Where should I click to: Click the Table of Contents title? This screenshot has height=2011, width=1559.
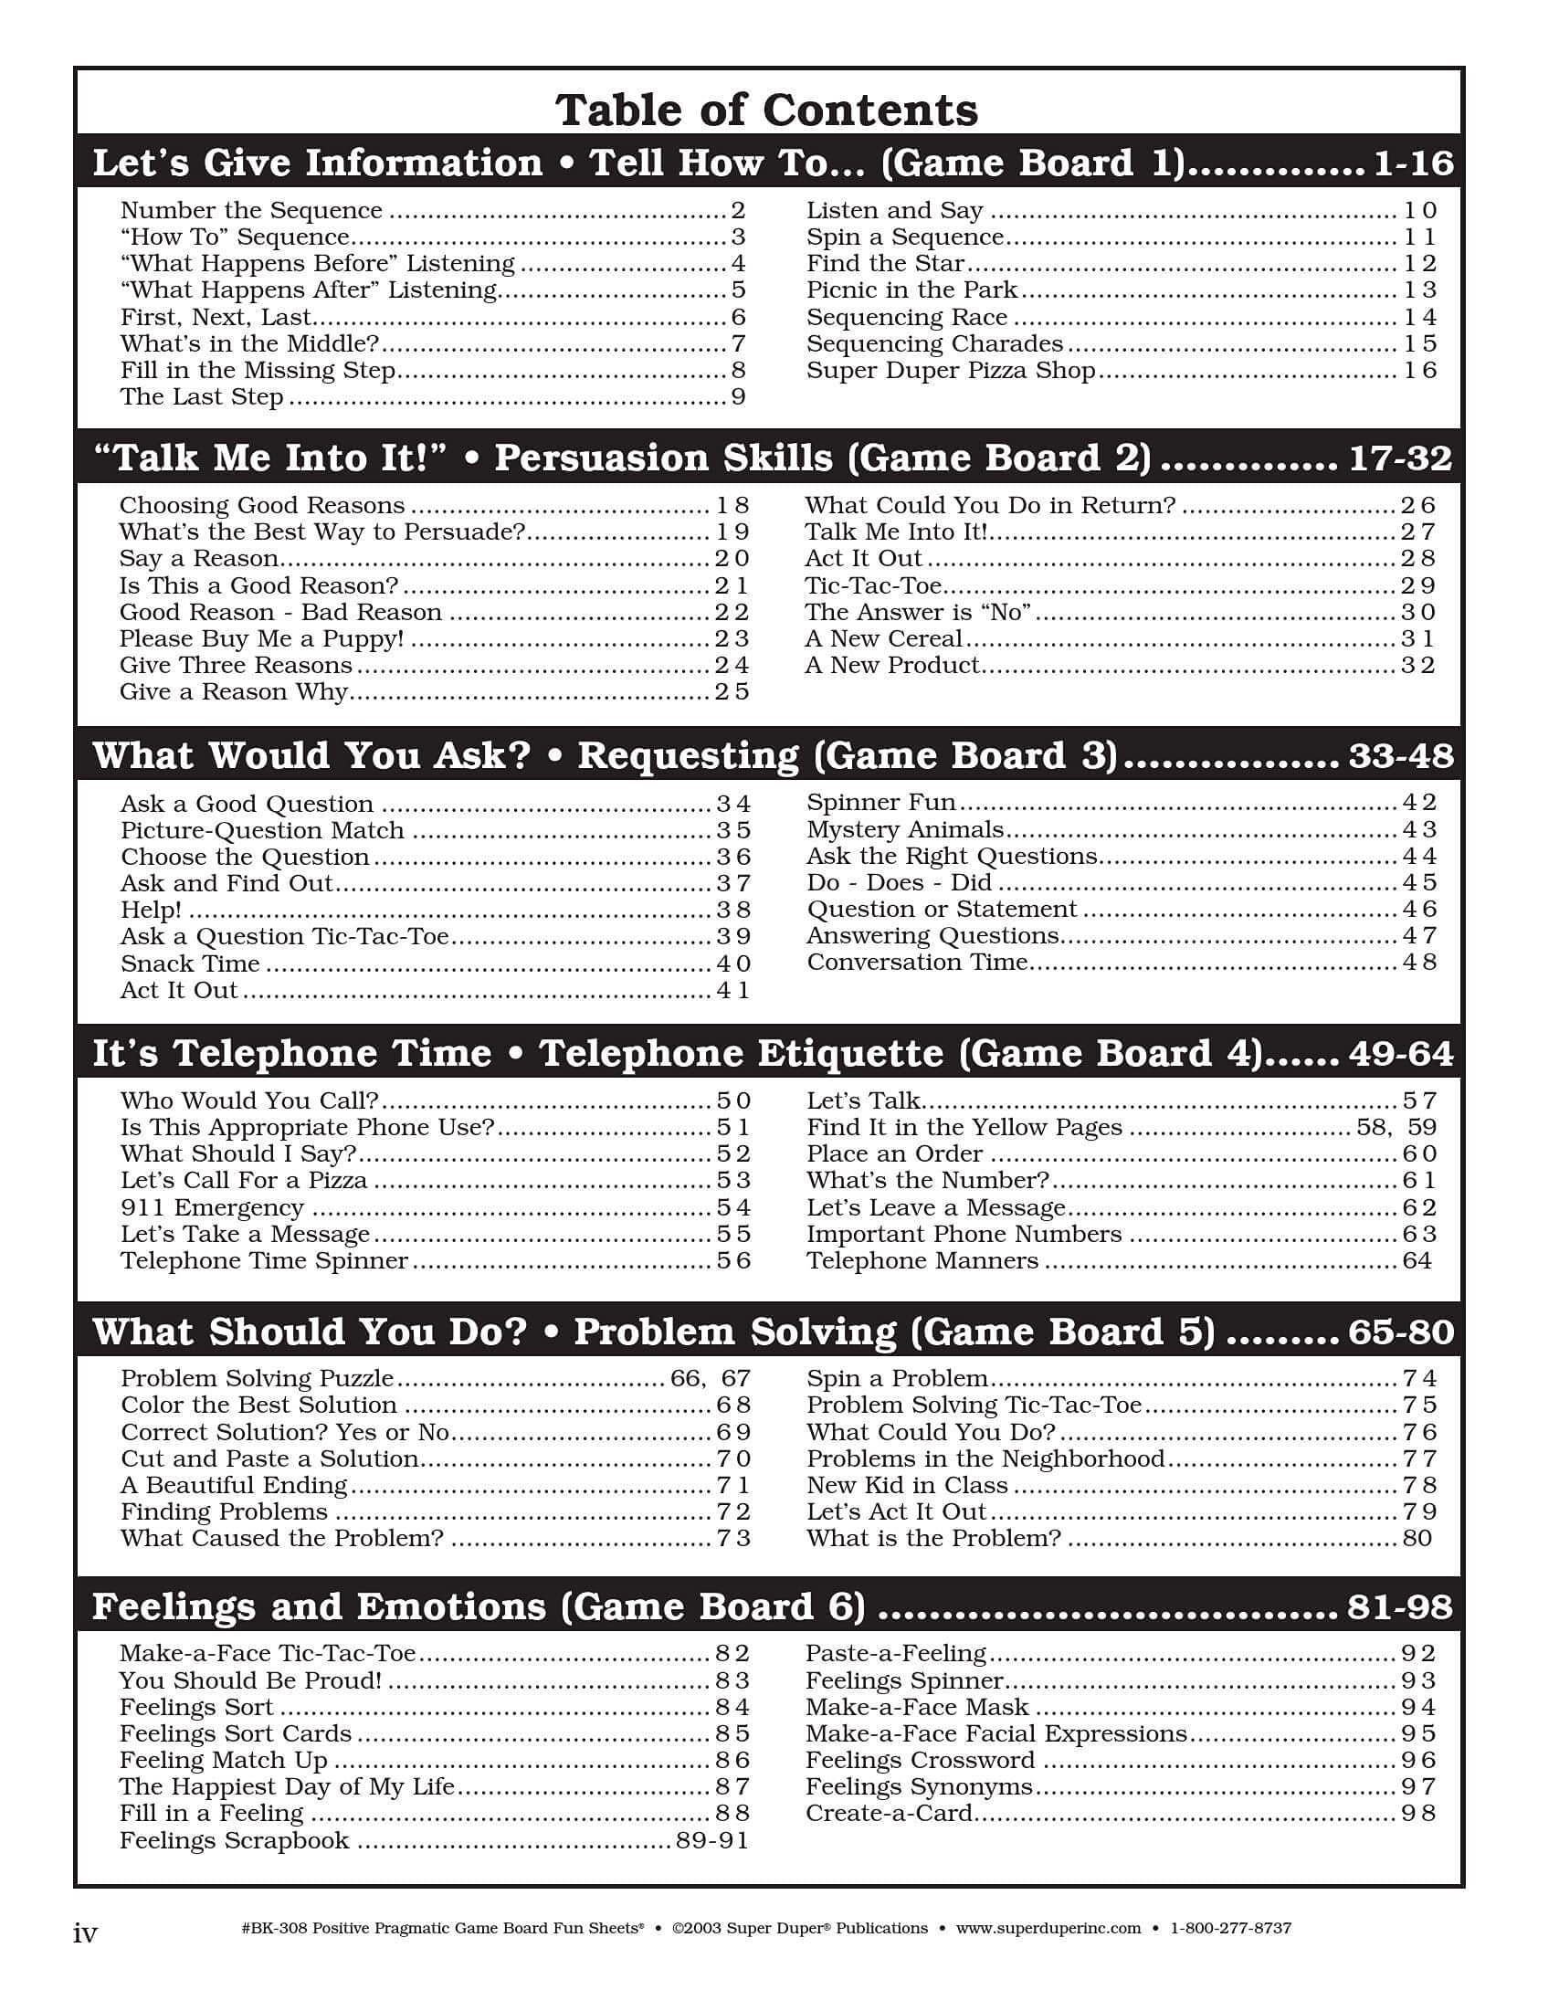coord(766,111)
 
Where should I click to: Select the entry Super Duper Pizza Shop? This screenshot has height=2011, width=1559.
coord(951,370)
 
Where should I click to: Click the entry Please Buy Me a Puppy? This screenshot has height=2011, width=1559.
coord(261,639)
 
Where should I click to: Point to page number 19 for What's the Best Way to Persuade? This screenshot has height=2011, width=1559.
coord(732,532)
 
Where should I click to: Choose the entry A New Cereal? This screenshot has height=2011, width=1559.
coord(883,639)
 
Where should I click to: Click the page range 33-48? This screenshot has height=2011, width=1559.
coord(1401,756)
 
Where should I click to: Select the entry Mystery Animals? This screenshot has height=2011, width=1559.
coord(904,829)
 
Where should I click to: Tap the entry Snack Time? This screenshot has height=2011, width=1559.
coord(190,964)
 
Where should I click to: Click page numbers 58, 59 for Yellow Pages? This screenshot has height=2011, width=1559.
coord(1396,1128)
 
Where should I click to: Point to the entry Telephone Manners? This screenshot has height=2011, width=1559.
coord(922,1261)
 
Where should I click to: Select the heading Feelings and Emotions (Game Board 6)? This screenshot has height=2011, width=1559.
coord(479,1606)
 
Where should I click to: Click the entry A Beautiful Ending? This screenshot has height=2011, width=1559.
coord(234,1485)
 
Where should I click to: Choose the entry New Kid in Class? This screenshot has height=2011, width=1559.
coord(907,1485)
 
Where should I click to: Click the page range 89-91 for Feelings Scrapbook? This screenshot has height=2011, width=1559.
coord(711,1840)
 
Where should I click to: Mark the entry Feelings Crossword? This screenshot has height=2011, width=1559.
coord(920,1761)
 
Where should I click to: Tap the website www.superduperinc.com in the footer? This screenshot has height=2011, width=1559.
coord(1048,1928)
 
